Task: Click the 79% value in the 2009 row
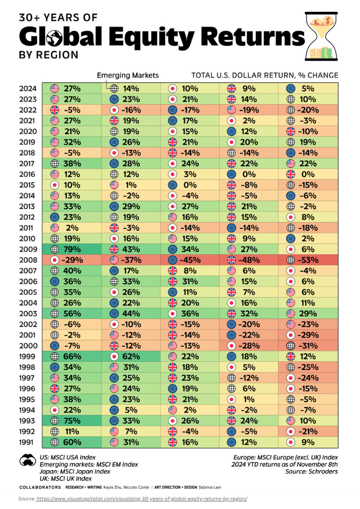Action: coord(72,249)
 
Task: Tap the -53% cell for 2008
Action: coord(308,260)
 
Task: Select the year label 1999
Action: coord(27,356)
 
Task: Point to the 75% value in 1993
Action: coord(72,421)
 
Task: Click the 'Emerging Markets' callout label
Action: coord(128,75)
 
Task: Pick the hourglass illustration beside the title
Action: coord(321,36)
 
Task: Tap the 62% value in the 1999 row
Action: coord(131,356)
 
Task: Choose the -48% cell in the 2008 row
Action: coord(248,260)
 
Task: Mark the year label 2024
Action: coord(28,89)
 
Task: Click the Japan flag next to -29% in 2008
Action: coord(54,260)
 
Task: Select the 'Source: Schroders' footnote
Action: coord(311,471)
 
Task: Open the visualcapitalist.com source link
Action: coord(141,499)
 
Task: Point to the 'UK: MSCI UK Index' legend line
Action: coord(66,479)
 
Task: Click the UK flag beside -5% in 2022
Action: coord(54,110)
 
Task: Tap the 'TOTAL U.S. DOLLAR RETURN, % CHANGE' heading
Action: coord(265,75)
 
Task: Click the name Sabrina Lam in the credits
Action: coord(210,487)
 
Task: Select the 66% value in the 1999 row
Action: coord(72,356)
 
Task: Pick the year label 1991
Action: coord(27,442)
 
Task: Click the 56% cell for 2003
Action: coord(72,314)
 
